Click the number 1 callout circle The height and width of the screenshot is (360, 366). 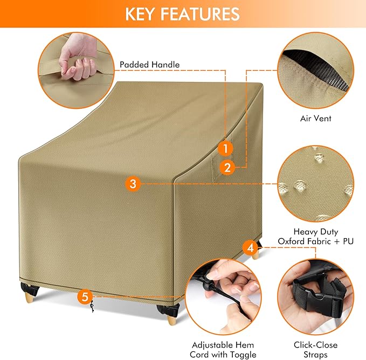coord(227,148)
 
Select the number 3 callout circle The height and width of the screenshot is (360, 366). coord(133,184)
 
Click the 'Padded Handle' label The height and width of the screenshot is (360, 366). coord(150,65)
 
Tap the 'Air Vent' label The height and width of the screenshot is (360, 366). coord(315,118)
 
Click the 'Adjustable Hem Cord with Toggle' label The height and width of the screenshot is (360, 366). coord(222,349)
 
